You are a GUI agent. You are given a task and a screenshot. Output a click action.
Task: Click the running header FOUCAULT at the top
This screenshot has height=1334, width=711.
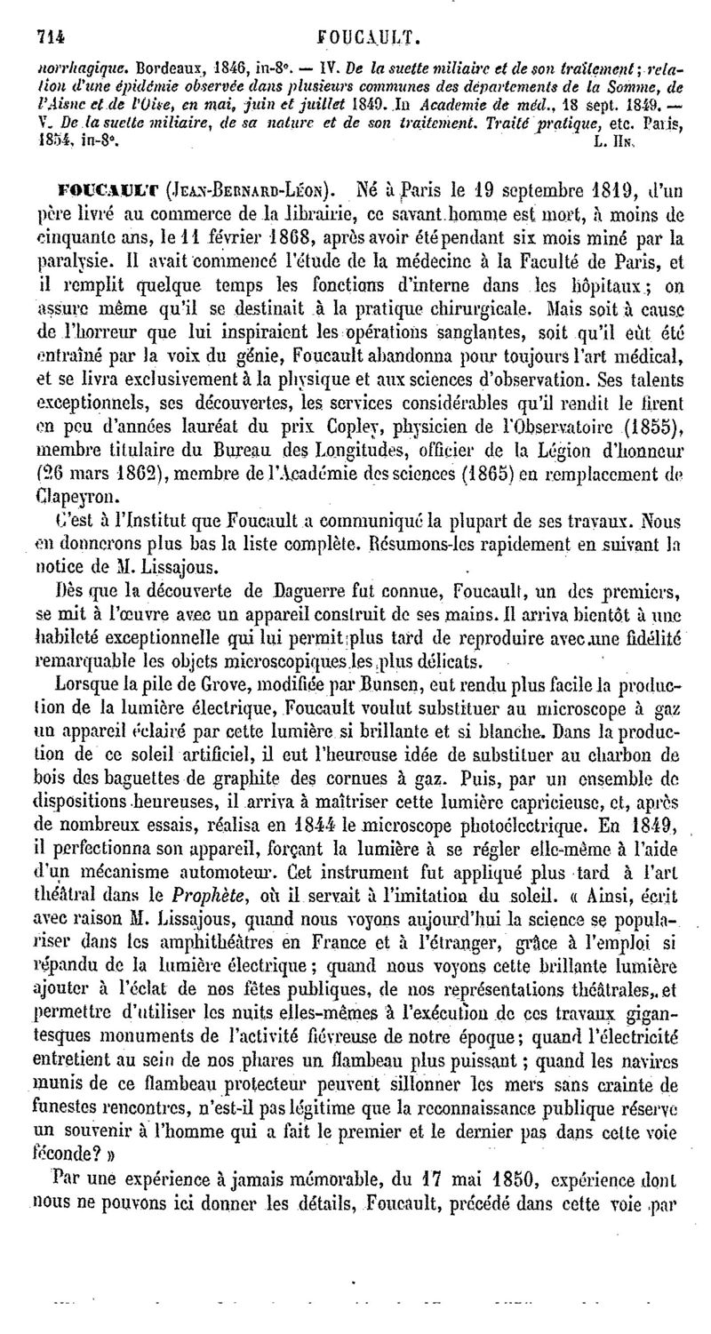[x=366, y=36]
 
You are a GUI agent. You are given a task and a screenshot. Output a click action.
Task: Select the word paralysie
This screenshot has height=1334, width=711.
[x=74, y=263]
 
